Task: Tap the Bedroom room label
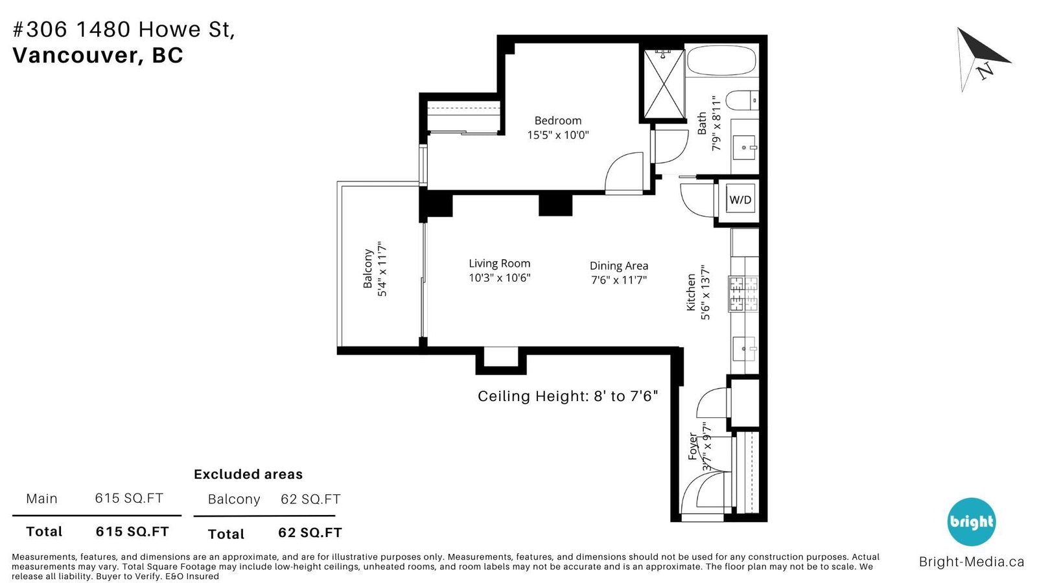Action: [x=558, y=120]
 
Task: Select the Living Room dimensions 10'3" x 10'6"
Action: [x=500, y=278]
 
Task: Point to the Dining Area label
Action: [x=619, y=266]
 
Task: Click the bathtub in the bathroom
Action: [x=721, y=61]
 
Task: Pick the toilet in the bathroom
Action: [x=741, y=100]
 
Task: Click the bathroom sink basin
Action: [x=744, y=148]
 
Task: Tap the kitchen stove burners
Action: [x=743, y=294]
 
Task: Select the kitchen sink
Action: [x=744, y=349]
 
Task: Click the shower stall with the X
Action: [x=664, y=84]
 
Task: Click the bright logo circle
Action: [x=972, y=522]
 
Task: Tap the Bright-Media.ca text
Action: [x=972, y=562]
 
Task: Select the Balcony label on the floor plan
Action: [x=367, y=269]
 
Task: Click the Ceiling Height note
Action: [x=568, y=396]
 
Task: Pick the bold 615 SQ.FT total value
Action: [x=132, y=532]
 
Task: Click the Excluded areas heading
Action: [x=248, y=474]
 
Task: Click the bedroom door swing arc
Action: [x=623, y=170]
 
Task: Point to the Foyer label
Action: [x=693, y=446]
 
